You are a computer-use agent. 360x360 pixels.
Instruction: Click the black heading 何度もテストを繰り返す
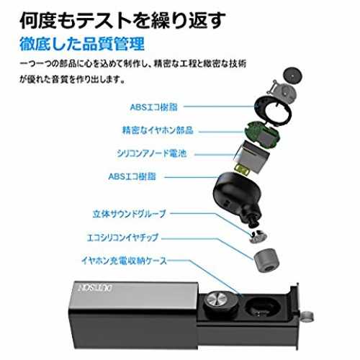pyautogui.click(x=122, y=20)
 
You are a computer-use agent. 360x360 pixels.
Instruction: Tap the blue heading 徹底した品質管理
pyautogui.click(x=82, y=44)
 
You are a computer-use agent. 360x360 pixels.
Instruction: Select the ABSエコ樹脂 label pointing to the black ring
pyautogui.click(x=153, y=107)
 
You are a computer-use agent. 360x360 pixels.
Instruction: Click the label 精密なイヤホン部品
pyautogui.click(x=158, y=130)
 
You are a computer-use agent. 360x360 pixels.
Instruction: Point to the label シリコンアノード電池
pyautogui.click(x=152, y=153)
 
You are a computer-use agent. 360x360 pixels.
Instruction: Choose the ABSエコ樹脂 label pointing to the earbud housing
pyautogui.click(x=132, y=176)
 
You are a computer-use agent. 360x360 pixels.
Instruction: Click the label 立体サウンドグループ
pyautogui.click(x=129, y=214)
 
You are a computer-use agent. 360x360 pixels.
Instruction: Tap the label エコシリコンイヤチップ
pyautogui.click(x=122, y=238)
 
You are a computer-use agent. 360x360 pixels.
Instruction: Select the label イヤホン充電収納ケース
pyautogui.click(x=124, y=261)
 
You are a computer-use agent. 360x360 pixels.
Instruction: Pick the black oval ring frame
pyautogui.click(x=273, y=111)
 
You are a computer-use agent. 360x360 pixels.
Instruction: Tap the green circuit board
pyautogui.click(x=262, y=135)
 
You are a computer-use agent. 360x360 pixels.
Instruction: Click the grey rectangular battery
pyautogui.click(x=251, y=155)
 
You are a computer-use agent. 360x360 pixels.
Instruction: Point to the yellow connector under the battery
pyautogui.click(x=243, y=169)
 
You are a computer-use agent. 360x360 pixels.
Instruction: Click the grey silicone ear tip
pyautogui.click(x=266, y=261)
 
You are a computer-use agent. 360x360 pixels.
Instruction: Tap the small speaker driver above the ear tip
pyautogui.click(x=258, y=236)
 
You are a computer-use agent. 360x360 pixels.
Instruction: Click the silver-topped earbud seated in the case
pyautogui.click(x=221, y=303)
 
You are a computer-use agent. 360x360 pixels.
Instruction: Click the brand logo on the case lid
pyautogui.click(x=96, y=288)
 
